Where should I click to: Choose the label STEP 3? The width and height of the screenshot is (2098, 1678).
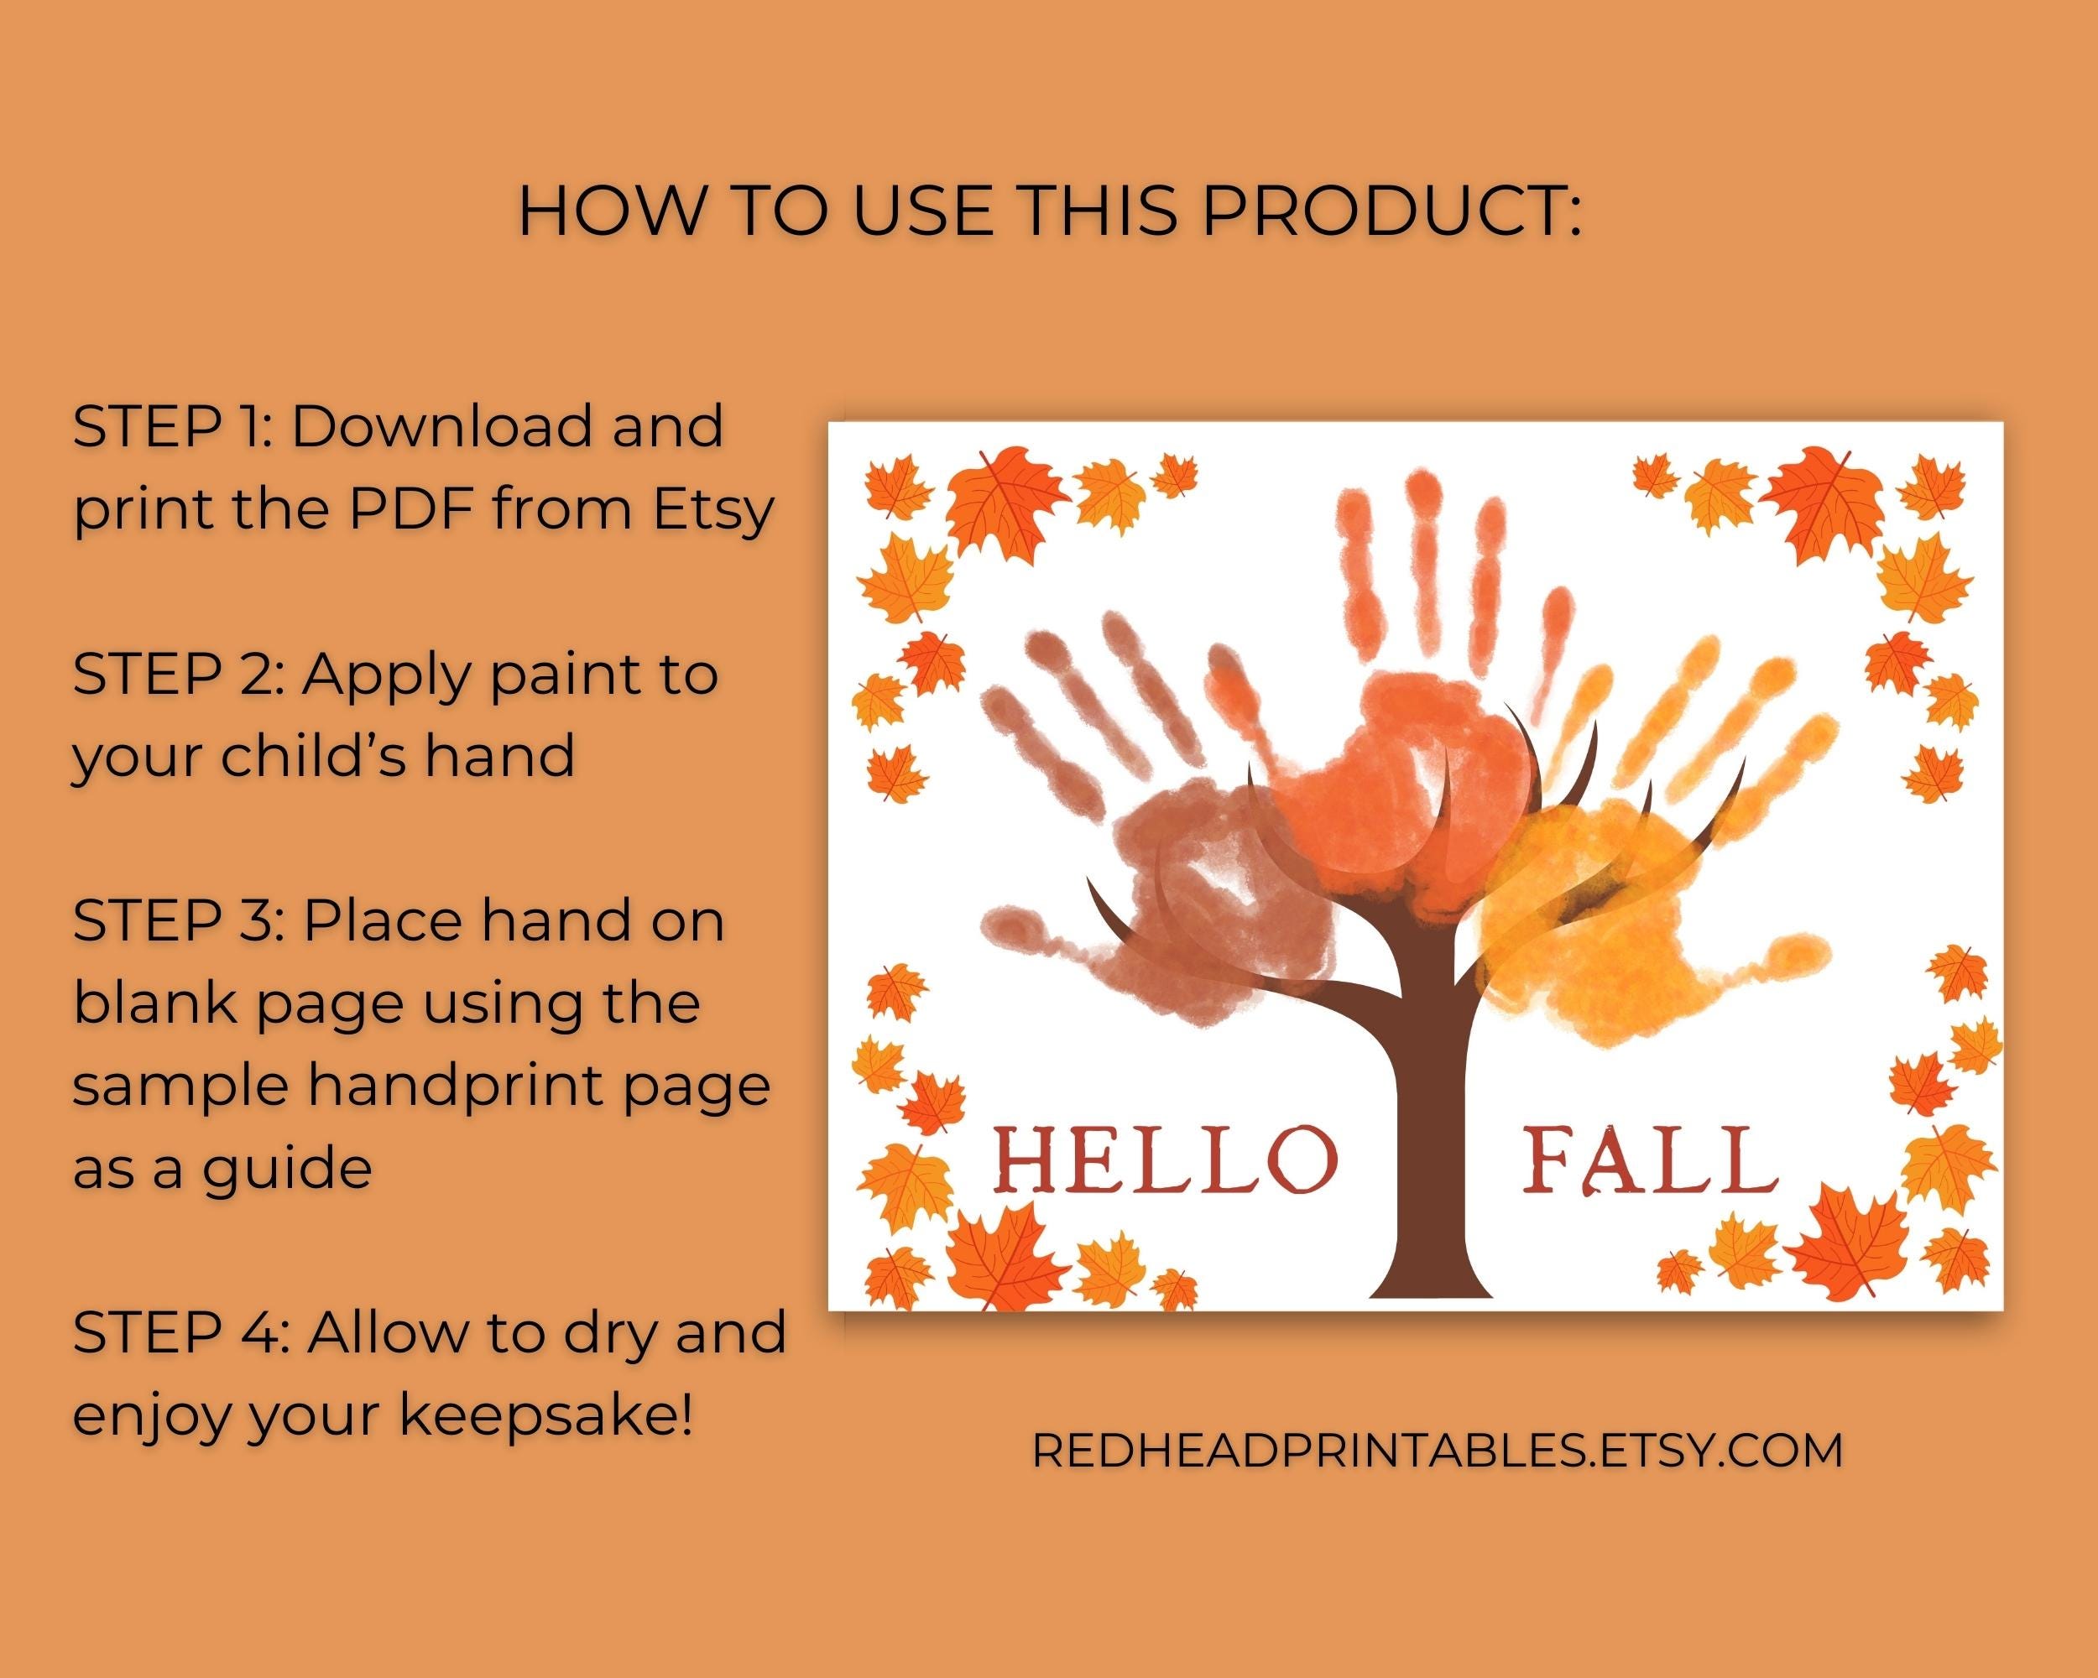[171, 921]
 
